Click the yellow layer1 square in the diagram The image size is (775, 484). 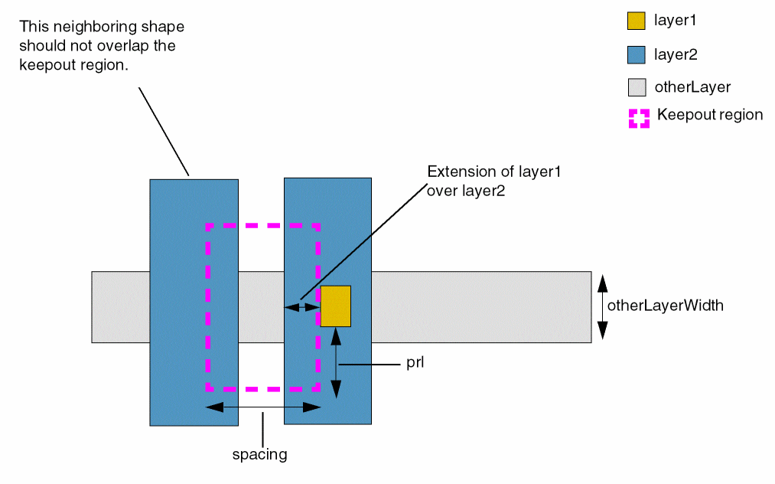335,306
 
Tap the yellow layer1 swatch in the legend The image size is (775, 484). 637,21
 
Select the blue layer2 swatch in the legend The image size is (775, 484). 637,54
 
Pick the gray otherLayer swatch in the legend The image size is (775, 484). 637,87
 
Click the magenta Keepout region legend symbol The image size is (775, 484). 639,117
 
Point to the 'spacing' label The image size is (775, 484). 259,454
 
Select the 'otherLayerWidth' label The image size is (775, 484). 665,306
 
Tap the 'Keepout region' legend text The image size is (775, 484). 710,115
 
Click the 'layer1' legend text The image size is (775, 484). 675,21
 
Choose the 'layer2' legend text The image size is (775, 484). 675,54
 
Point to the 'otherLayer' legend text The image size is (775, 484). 692,87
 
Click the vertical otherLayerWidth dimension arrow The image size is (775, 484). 602,306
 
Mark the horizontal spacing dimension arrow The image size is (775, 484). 263,407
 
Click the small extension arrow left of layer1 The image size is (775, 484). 302,307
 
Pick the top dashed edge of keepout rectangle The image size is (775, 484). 262,226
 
